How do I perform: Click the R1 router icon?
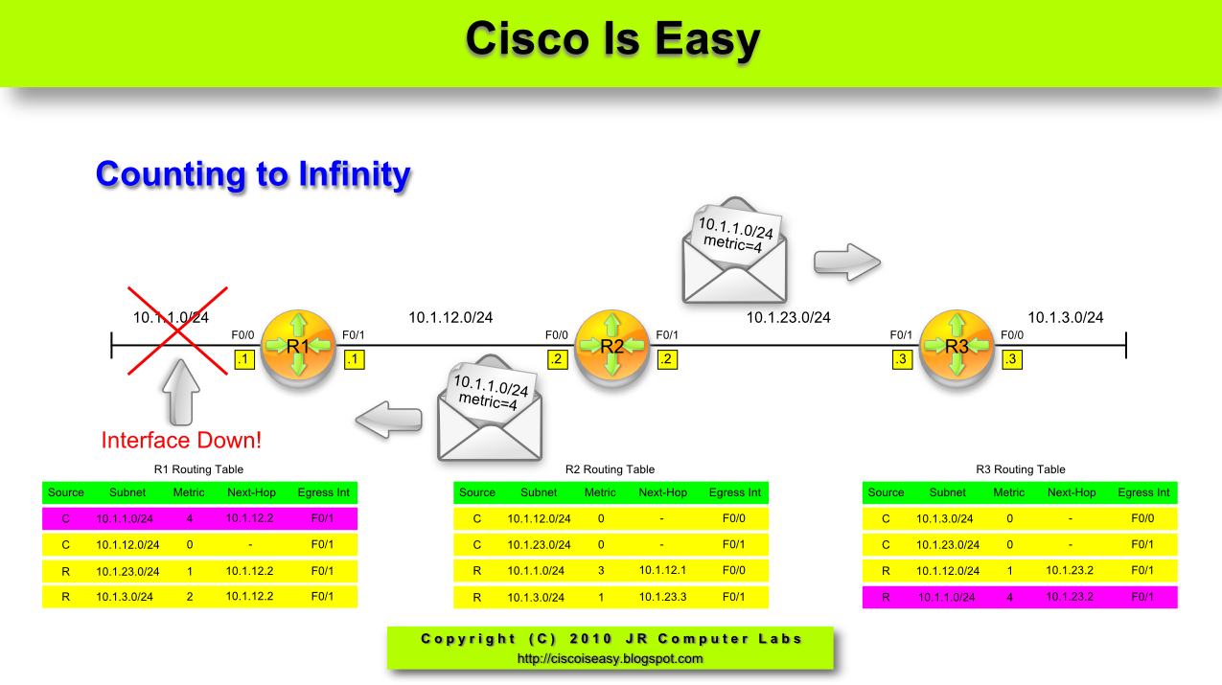tap(298, 346)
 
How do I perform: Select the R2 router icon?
tap(612, 346)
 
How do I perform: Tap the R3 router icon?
tap(957, 346)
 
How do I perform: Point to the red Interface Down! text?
tap(181, 441)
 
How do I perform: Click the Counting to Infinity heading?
tap(253, 174)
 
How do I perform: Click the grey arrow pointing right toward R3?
tap(846, 261)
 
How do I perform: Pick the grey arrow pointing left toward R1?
tap(389, 418)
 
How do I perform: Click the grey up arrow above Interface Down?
tap(181, 393)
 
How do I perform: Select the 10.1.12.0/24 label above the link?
tap(450, 317)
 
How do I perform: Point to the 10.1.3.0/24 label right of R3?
tap(1066, 317)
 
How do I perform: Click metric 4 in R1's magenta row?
tap(189, 518)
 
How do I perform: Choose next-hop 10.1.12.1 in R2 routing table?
tap(663, 571)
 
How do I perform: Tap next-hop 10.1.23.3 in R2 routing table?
tap(663, 597)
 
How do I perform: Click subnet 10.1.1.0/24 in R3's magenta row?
tap(948, 597)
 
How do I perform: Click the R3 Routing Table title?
tap(1020, 469)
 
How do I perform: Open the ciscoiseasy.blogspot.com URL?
tap(610, 658)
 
